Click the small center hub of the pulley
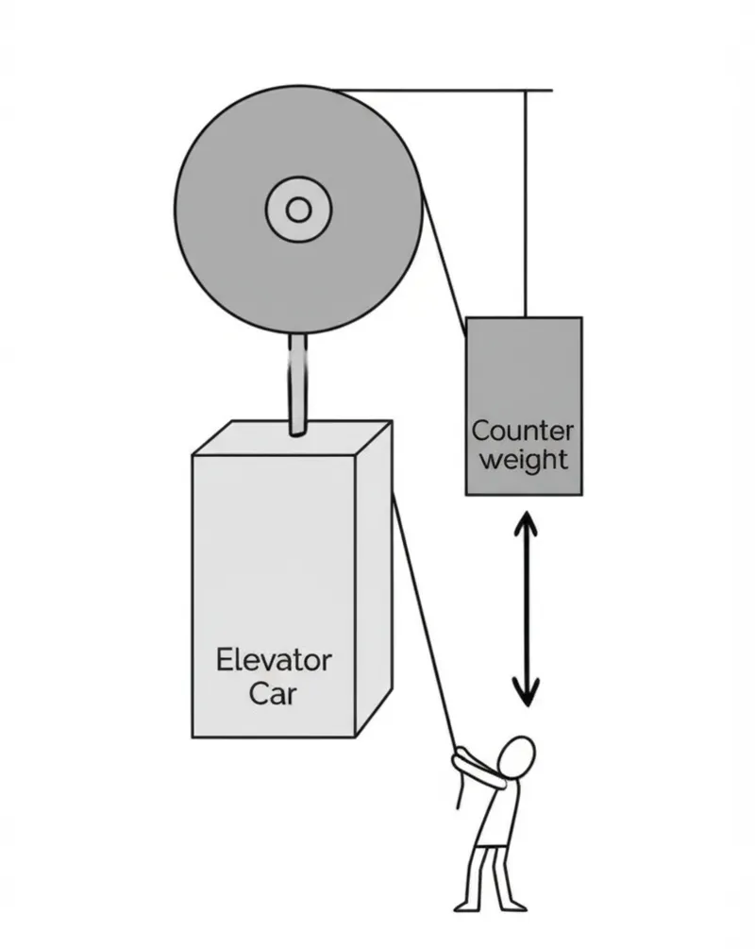click(x=298, y=209)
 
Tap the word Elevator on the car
click(x=274, y=659)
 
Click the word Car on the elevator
click(x=273, y=694)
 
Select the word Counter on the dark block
click(x=522, y=432)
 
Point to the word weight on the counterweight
click(x=523, y=460)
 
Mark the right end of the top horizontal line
click(x=550, y=91)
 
